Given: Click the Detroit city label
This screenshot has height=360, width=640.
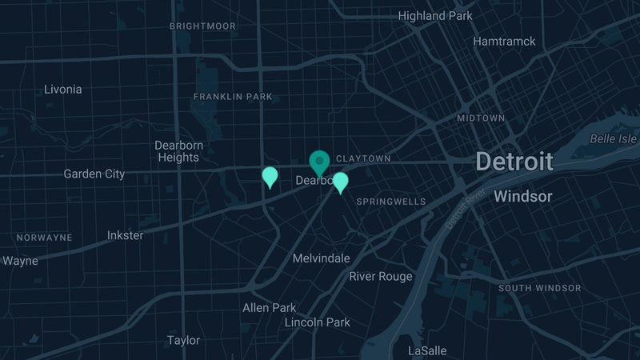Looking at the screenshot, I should tap(514, 162).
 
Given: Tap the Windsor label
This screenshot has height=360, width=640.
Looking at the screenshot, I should tap(523, 196).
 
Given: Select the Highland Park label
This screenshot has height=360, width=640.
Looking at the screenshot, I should tap(435, 16).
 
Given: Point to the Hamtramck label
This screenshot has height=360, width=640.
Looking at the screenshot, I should tap(504, 41).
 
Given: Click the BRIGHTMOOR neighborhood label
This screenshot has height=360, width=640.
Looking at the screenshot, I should tap(203, 26).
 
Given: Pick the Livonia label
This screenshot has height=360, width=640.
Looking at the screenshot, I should tap(63, 90).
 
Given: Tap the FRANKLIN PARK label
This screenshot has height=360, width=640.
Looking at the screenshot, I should tap(233, 97).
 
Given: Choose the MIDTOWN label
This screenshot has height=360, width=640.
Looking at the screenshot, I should tap(481, 118).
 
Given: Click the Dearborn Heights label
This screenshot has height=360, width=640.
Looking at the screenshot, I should tap(178, 151).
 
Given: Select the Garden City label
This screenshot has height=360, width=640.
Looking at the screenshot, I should tap(94, 174).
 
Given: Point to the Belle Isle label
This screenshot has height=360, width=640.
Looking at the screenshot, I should tap(614, 138).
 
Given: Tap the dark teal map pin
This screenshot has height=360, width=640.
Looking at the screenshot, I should tap(320, 162).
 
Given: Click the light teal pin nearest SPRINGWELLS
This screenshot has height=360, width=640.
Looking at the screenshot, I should tap(341, 182).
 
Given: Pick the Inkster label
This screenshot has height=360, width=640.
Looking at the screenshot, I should tap(126, 235).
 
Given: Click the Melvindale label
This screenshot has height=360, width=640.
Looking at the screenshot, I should tap(321, 258).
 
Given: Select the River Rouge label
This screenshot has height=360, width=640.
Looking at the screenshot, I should tap(381, 277).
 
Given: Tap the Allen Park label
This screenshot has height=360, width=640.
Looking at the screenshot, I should tap(269, 307).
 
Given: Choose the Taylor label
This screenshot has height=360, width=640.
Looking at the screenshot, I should tap(183, 340).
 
